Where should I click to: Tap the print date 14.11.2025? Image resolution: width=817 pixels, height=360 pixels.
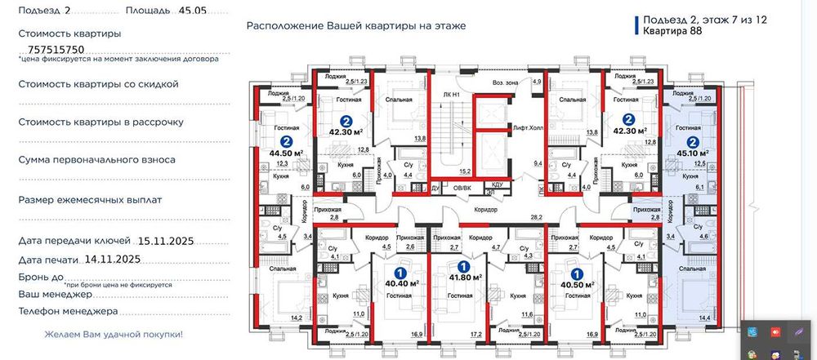(x=112, y=259)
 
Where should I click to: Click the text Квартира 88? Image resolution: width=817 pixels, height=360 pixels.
(x=672, y=32)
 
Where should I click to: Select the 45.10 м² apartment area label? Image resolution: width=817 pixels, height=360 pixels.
(x=692, y=152)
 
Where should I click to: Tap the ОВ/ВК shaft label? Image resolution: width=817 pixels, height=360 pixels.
(x=462, y=186)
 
